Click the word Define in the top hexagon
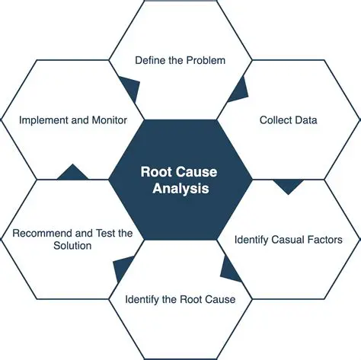point(152,59)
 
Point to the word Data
point(306,119)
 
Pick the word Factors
point(321,240)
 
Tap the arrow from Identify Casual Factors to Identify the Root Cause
point(228,265)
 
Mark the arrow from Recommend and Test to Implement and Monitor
point(72,174)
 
